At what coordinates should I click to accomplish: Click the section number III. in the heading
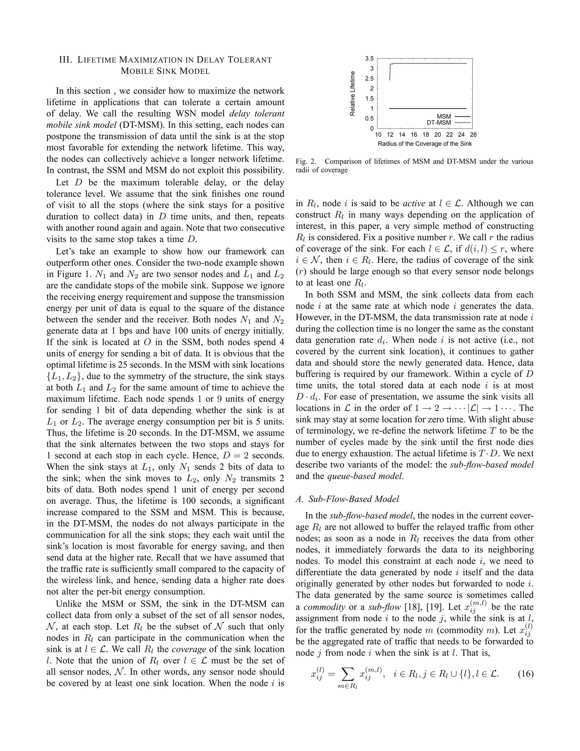tap(66, 60)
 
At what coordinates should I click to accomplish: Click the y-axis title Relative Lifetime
tap(352, 94)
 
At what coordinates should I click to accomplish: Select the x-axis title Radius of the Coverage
tap(425, 144)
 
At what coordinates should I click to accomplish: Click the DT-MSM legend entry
tap(438, 122)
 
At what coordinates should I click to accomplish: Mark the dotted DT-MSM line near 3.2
tap(430, 63)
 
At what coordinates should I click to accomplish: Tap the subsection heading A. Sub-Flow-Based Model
tap(347, 499)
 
